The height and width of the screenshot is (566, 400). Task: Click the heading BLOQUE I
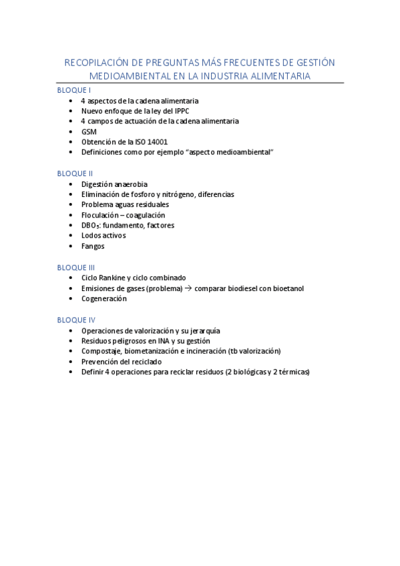tap(73, 89)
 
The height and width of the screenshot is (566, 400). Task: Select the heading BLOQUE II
tap(75, 173)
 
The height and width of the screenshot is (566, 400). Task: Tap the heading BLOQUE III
tap(76, 267)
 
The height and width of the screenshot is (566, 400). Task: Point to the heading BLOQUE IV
tap(76, 320)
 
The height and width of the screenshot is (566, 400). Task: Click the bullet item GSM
tap(89, 131)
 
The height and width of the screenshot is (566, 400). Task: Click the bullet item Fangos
tap(93, 246)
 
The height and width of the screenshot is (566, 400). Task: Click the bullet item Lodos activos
tap(103, 236)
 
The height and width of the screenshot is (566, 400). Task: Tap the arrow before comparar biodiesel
tap(188, 288)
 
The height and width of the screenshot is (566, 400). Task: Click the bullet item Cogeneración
tap(104, 298)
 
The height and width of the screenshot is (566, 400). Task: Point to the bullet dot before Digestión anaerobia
tap(71, 184)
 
